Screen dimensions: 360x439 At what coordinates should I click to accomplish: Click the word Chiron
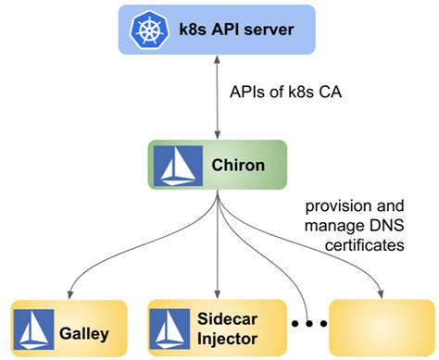click(x=239, y=165)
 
